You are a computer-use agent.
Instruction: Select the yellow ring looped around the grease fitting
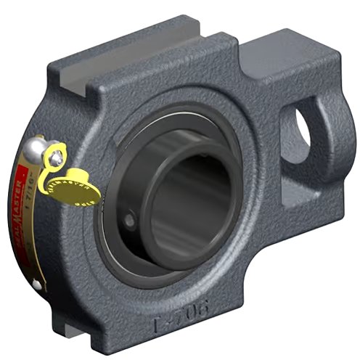(x=54, y=152)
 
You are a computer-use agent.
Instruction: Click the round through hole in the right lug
(x=303, y=130)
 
